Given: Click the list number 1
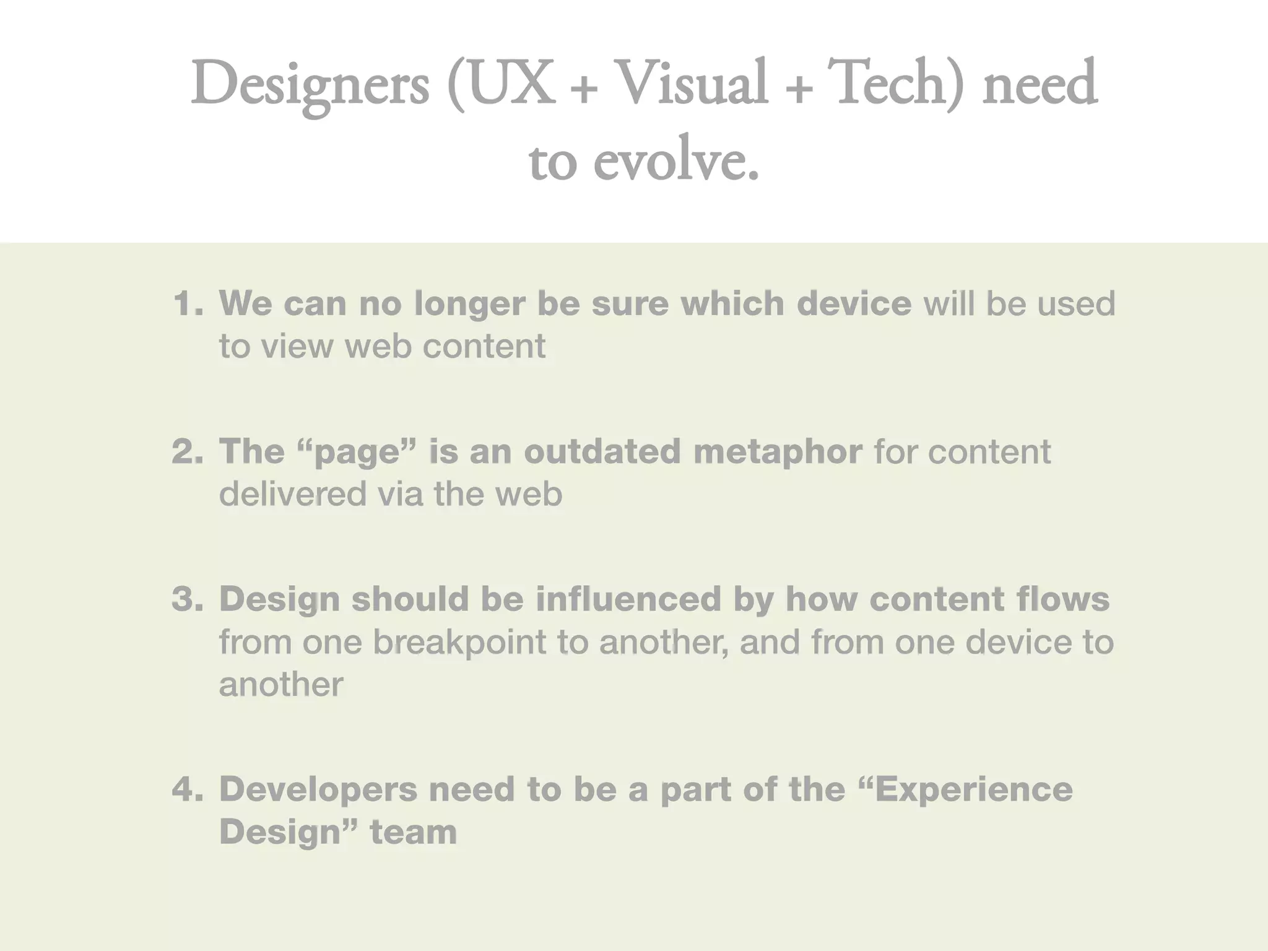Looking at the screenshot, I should coord(186,303).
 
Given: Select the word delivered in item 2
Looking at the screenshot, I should coord(293,494).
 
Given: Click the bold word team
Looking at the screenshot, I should coord(413,832).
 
